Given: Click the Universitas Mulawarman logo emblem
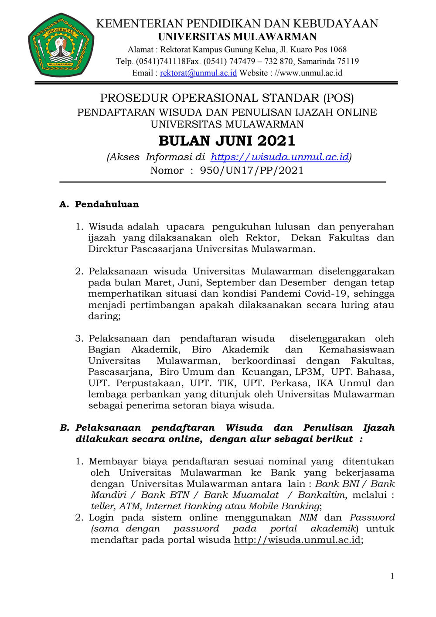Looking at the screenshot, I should point(61,45).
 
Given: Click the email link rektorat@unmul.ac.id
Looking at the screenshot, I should point(198,73).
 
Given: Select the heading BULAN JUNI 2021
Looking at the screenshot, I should point(227,141).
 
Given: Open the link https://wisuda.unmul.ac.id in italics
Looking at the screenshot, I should point(279,157).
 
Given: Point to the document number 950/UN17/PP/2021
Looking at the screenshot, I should point(252,171).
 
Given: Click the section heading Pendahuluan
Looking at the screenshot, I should point(107,204).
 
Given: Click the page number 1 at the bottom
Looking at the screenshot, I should point(392,576).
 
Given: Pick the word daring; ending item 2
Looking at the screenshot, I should point(104,316).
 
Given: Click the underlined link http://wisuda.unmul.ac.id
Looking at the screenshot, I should point(297,540).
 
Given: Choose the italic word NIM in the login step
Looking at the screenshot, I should point(308,518).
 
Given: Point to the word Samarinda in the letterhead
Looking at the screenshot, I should point(316,62).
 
